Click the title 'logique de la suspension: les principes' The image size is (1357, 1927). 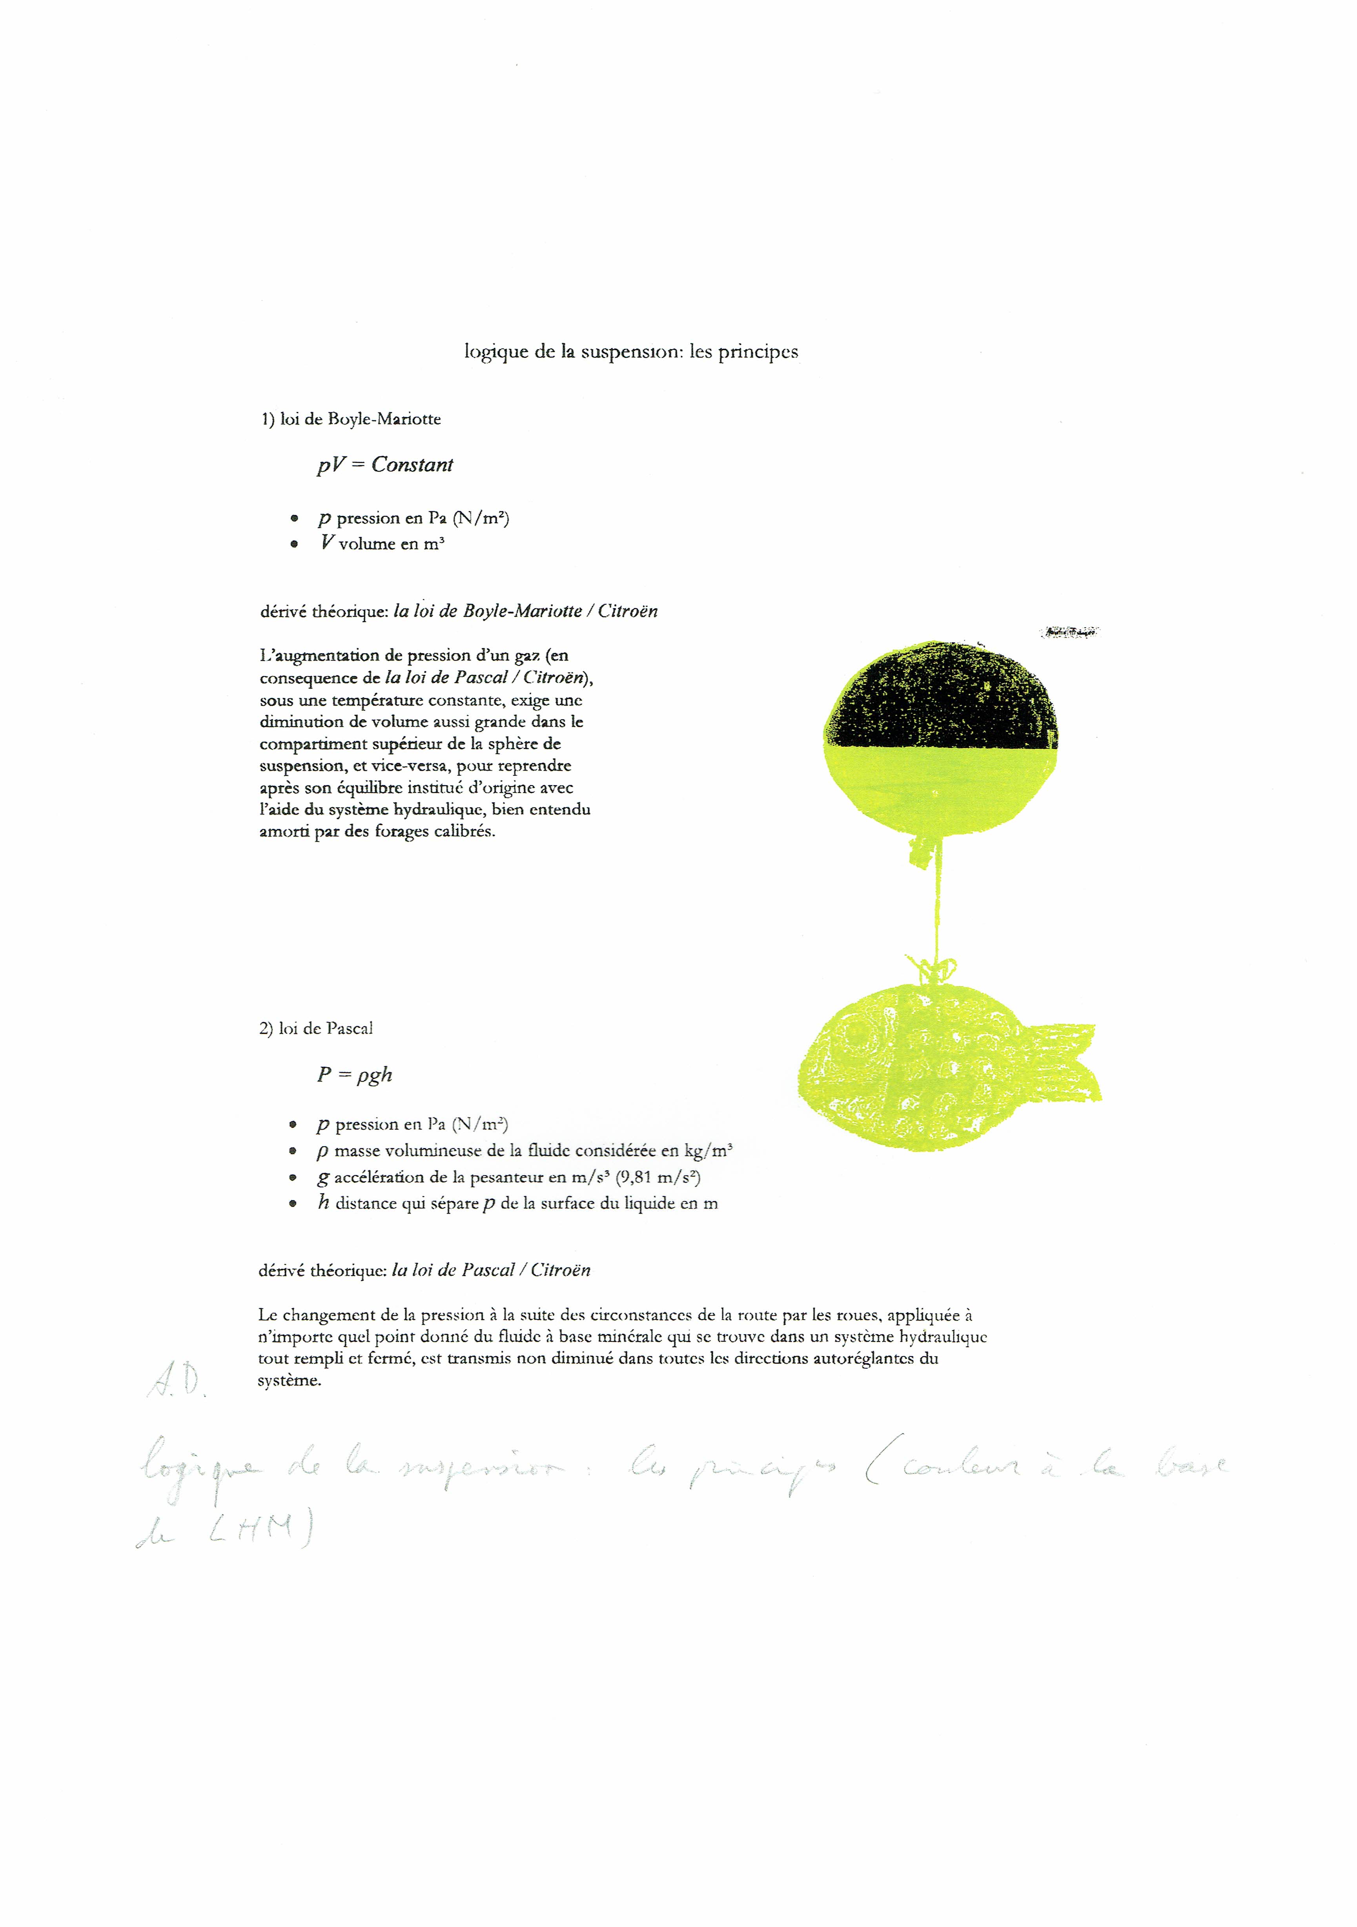point(631,352)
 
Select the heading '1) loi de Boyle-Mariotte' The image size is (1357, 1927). point(351,419)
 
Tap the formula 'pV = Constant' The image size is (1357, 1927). point(385,465)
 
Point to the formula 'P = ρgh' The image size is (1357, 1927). point(354,1075)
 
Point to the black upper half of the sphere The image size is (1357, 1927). point(942,696)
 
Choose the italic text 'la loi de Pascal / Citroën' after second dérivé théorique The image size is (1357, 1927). point(491,1270)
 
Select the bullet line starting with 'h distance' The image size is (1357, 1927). point(517,1203)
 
